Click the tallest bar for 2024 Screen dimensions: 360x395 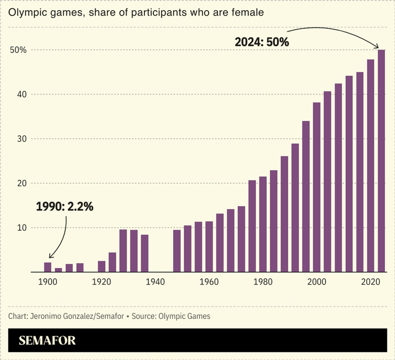coord(381,160)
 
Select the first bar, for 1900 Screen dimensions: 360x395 coord(48,267)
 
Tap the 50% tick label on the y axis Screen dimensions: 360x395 coord(18,50)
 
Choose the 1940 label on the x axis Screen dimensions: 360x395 coord(155,282)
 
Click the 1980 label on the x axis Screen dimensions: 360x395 coord(262,282)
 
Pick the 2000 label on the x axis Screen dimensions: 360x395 coord(316,282)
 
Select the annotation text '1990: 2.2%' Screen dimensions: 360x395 coord(65,206)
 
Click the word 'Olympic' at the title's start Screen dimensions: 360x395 coord(24,11)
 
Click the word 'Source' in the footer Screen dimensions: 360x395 coord(144,316)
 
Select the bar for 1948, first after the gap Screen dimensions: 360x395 coord(177,251)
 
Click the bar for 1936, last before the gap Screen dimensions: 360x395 coord(144,253)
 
